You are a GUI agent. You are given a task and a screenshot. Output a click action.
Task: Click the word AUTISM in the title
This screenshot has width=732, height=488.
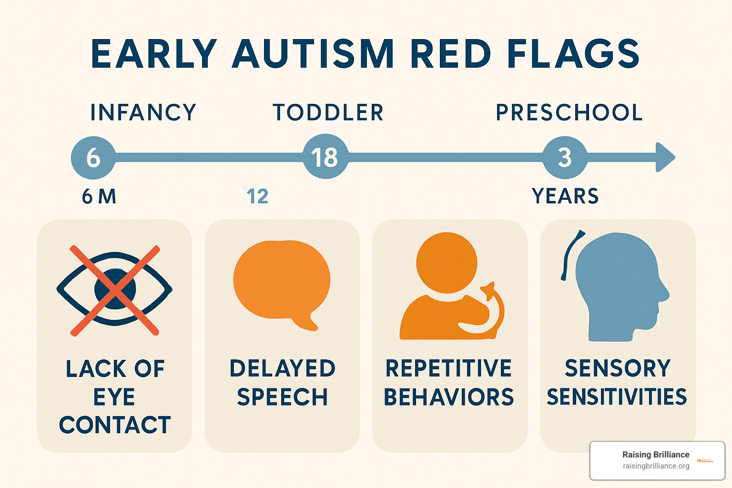313,53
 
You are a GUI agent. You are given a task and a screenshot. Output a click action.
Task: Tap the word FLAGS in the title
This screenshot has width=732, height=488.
573,53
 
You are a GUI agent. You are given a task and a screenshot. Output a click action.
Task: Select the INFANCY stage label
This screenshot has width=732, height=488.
143,112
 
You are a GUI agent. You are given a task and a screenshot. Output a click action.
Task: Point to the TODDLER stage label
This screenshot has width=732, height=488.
328,112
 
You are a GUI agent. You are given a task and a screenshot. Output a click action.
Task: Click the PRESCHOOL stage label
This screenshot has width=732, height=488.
569,112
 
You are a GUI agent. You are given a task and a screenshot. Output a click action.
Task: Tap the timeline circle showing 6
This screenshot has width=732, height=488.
93,158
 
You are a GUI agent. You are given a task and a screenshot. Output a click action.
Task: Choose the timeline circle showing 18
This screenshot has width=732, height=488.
325,156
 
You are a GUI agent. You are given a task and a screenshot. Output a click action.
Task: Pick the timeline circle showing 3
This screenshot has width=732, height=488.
565,158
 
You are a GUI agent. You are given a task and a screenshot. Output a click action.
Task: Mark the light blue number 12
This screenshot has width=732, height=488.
257,196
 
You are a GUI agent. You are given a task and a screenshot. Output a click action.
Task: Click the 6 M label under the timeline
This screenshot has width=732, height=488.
99,196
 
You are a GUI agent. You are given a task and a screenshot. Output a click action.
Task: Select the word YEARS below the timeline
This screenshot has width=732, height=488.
565,196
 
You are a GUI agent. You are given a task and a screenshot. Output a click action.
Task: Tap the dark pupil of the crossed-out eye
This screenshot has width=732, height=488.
115,289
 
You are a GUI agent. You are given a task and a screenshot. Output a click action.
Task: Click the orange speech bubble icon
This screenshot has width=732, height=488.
282,285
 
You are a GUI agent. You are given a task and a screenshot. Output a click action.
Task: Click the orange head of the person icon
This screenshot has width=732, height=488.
447,263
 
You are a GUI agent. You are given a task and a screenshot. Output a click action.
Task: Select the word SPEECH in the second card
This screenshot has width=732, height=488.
282,397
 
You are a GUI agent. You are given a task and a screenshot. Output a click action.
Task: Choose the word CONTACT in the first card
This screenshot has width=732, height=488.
115,425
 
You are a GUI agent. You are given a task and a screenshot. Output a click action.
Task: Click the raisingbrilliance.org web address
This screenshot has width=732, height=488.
656,466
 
